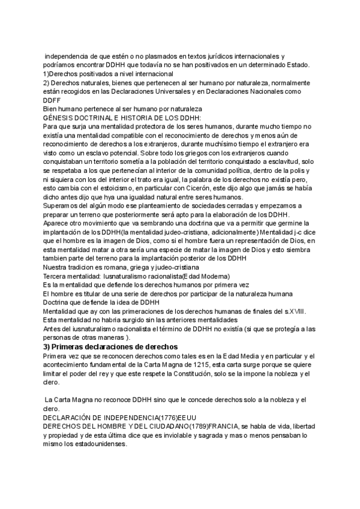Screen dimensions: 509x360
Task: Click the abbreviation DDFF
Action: coord(52,100)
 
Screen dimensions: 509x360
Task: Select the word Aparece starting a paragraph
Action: coord(59,224)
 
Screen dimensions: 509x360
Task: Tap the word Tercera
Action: coord(57,277)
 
